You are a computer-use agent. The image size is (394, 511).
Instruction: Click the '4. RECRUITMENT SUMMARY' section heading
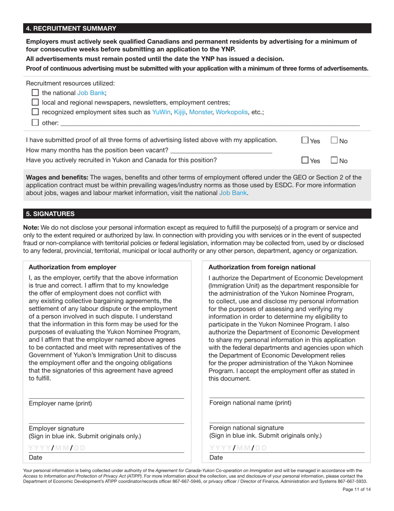click(x=71, y=28)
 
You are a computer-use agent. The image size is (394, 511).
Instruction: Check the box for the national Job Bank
click(x=35, y=93)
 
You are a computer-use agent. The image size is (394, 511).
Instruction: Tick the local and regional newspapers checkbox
click(x=35, y=102)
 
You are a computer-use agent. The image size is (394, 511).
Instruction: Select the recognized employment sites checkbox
click(x=35, y=112)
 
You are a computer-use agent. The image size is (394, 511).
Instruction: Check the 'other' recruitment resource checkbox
click(x=35, y=123)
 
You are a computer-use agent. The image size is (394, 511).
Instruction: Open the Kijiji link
click(x=180, y=112)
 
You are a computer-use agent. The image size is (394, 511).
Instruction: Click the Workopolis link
click(x=232, y=112)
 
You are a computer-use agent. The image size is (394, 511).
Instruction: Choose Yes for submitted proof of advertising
click(x=305, y=141)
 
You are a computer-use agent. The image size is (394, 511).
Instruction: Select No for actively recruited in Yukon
click(x=334, y=160)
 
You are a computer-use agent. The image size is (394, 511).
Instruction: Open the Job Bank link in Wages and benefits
click(x=233, y=193)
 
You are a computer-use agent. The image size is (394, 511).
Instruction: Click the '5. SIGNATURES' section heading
click(x=50, y=214)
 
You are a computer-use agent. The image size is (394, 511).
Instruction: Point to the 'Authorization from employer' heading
click(x=73, y=267)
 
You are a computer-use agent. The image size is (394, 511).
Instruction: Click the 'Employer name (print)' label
click(x=60, y=403)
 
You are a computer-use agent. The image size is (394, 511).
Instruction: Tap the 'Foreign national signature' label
click(x=246, y=427)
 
